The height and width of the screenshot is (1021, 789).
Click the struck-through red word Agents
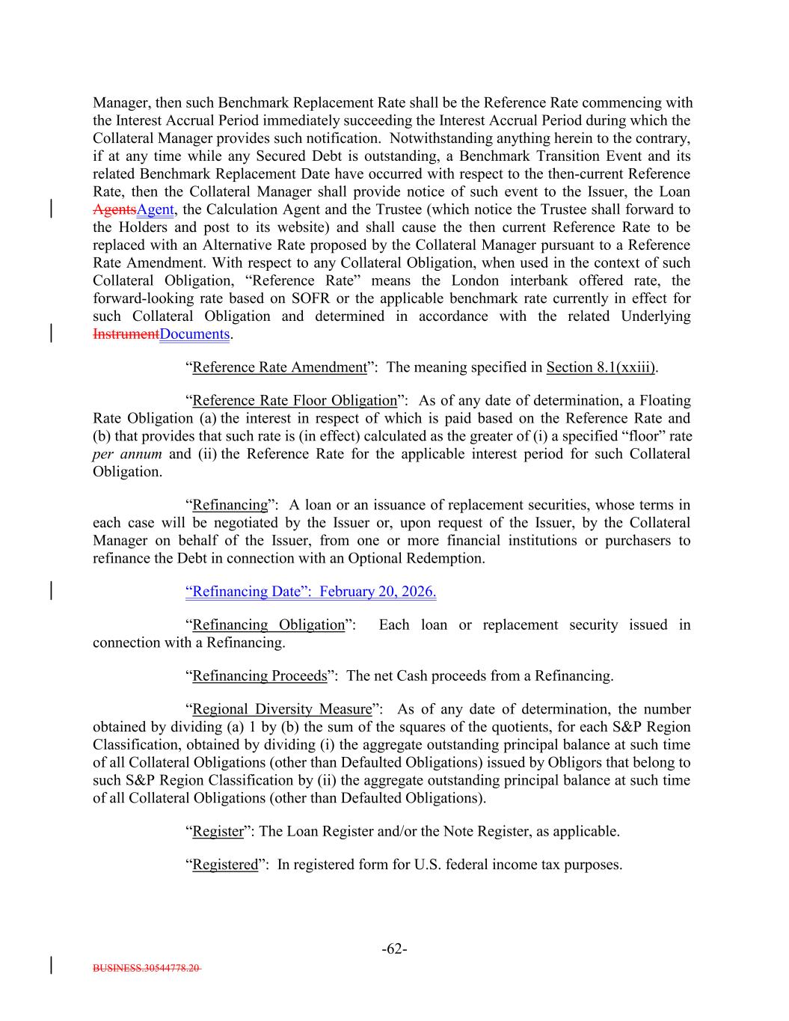tap(114, 210)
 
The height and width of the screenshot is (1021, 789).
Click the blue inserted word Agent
tap(155, 210)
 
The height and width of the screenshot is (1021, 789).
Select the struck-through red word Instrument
tap(126, 334)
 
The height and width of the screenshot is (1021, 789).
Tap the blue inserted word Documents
tap(194, 334)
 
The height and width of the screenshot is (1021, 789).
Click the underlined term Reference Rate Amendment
tap(280, 367)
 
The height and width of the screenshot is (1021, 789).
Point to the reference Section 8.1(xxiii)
tap(601, 367)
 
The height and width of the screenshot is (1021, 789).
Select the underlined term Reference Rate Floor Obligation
tap(295, 401)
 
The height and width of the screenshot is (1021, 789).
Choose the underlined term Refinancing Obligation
tap(268, 625)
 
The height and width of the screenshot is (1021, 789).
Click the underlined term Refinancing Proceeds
tap(260, 676)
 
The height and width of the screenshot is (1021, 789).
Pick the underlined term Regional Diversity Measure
tap(282, 709)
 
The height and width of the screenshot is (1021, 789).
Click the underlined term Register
tap(218, 831)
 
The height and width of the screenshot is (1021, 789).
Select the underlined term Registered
tap(224, 865)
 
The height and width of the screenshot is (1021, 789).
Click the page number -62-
tap(394, 949)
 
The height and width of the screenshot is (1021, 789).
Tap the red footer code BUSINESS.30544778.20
tap(146, 968)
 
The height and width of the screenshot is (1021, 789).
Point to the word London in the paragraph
tap(475, 280)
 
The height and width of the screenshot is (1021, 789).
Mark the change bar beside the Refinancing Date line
tap(51, 592)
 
